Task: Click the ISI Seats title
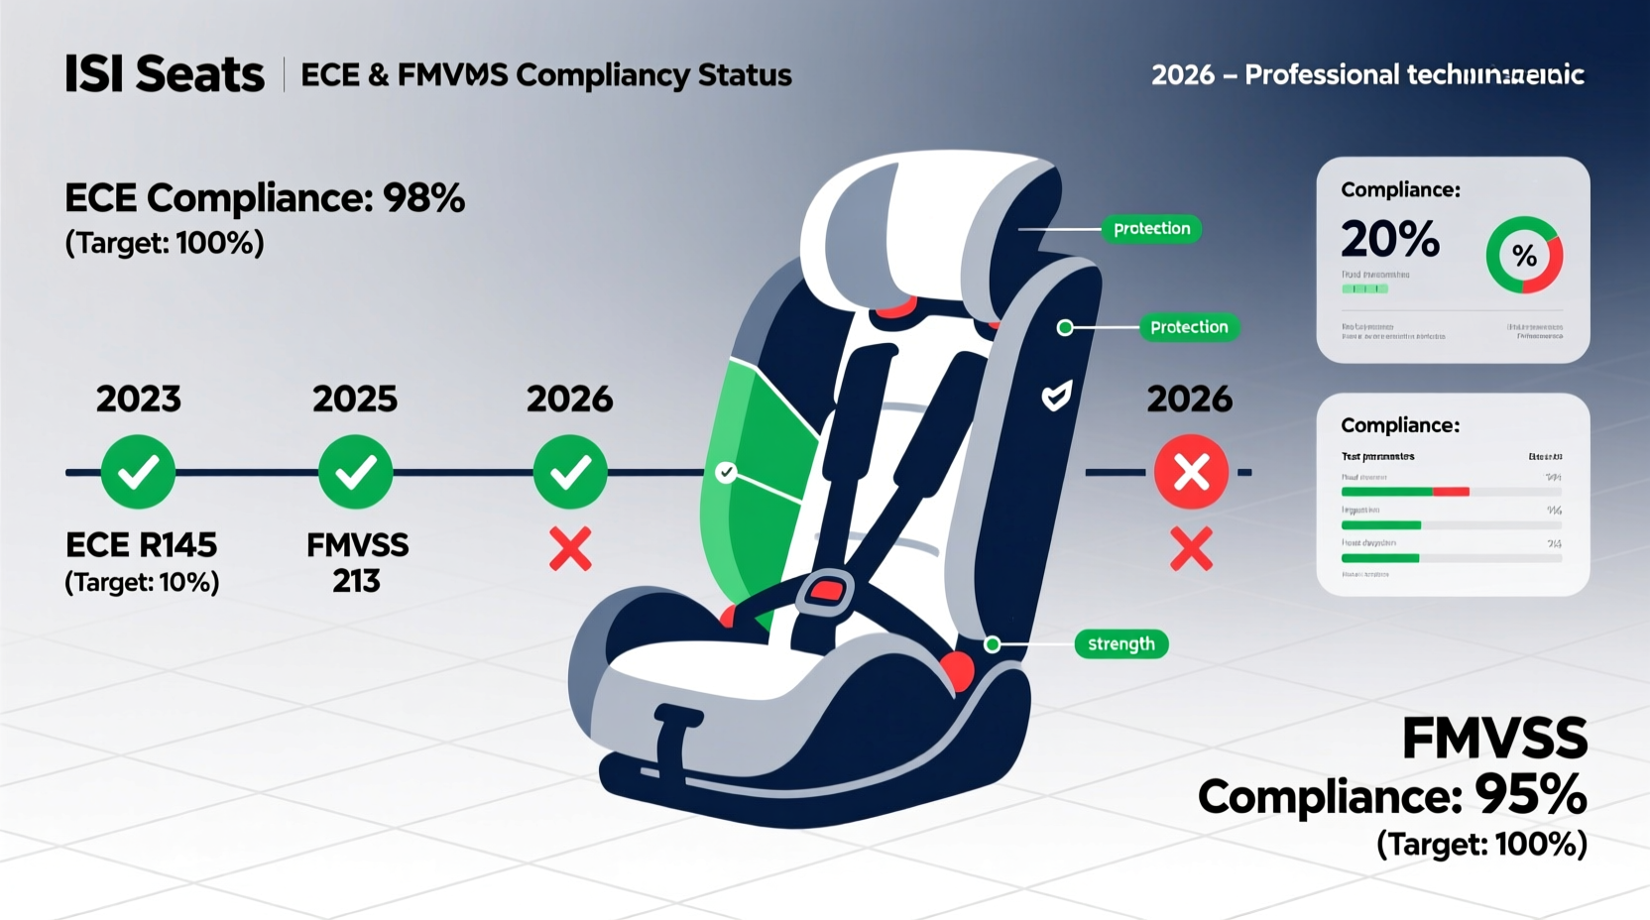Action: [165, 74]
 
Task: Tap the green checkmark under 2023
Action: [138, 472]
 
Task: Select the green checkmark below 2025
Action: [355, 472]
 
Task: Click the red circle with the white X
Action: [1191, 472]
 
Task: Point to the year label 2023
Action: [138, 399]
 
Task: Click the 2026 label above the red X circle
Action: [1189, 399]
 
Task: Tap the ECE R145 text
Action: [141, 544]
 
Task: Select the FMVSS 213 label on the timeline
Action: [357, 562]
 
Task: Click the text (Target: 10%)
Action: [142, 582]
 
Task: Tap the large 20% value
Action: [1389, 239]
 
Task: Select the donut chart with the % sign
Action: [1524, 256]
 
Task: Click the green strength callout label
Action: [1120, 644]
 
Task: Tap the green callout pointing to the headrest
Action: [1151, 229]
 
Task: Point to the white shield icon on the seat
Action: [1056, 397]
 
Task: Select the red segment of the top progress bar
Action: [1451, 492]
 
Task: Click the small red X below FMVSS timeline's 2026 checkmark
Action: [570, 549]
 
